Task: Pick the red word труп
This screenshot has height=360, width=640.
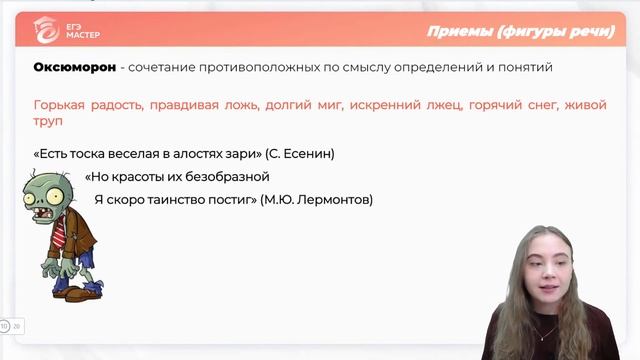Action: [48, 121]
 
